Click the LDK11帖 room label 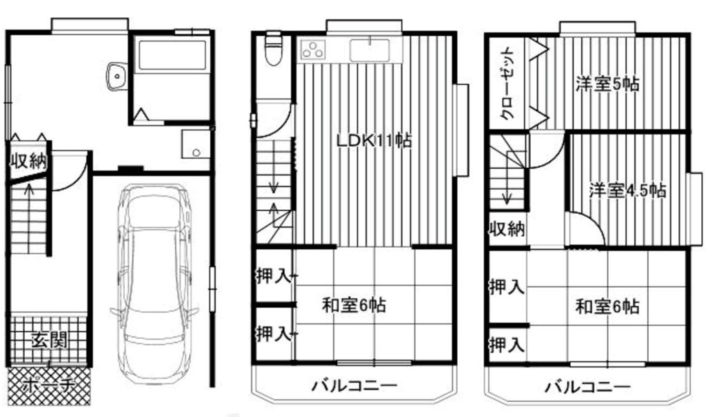(374, 141)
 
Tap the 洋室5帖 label (607, 84)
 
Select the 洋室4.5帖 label (627, 191)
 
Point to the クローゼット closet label (509, 84)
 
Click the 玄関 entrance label (49, 340)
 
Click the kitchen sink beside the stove (370, 50)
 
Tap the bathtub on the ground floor (172, 55)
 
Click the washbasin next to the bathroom (117, 77)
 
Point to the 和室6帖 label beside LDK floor (354, 305)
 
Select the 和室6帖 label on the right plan (607, 307)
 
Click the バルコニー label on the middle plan (355, 386)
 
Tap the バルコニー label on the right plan (588, 387)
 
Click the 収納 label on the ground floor (29, 161)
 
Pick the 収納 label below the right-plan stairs (507, 229)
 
